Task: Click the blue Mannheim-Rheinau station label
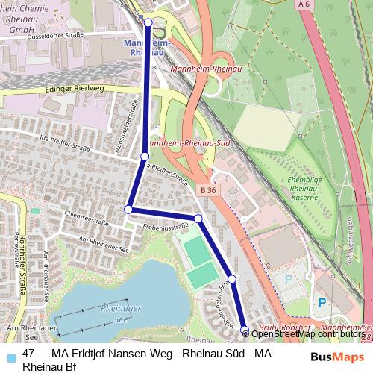tap(145, 48)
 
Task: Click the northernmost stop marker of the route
tap(148, 22)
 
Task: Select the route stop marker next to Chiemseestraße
tap(128, 209)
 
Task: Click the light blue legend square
tap(10, 354)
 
